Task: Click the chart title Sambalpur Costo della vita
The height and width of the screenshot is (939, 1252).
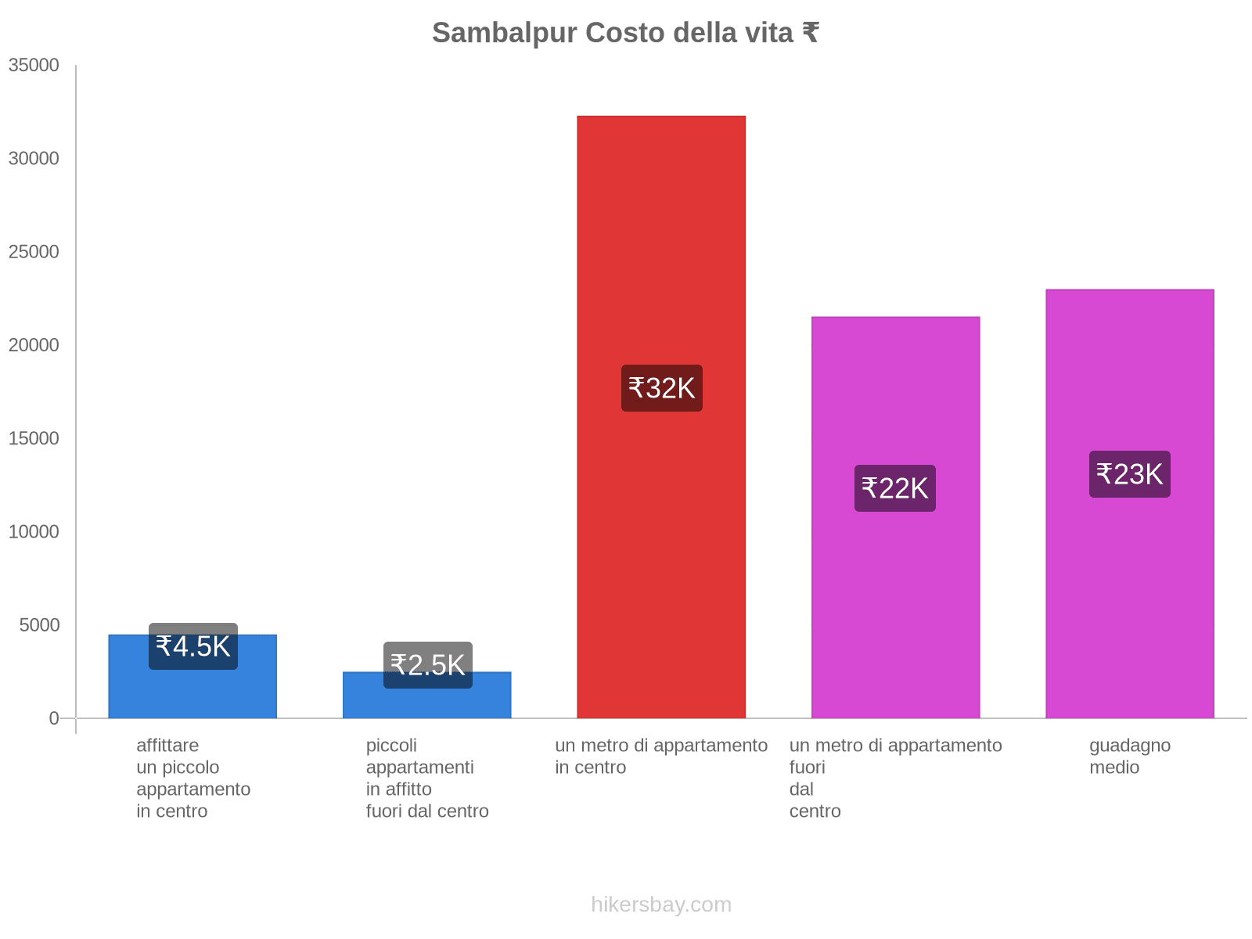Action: pyautogui.click(x=625, y=33)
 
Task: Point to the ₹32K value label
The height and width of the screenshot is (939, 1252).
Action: pyautogui.click(x=661, y=388)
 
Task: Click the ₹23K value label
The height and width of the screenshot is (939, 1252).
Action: pyautogui.click(x=1129, y=474)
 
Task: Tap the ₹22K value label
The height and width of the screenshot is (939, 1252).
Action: pyautogui.click(x=894, y=488)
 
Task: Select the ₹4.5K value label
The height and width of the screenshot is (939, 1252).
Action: pyautogui.click(x=192, y=646)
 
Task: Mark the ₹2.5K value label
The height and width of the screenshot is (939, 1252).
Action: pyautogui.click(x=427, y=665)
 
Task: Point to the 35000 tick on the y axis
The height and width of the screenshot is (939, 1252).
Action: pyautogui.click(x=34, y=65)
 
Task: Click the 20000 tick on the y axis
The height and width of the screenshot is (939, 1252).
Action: pyautogui.click(x=34, y=345)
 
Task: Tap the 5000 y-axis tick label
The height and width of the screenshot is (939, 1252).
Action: pyautogui.click(x=38, y=624)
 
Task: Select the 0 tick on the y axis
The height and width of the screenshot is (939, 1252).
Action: pyautogui.click(x=54, y=718)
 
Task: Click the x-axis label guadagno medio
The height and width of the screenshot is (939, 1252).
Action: pyautogui.click(x=1129, y=756)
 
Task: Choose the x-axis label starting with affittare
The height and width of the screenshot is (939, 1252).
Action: pyautogui.click(x=192, y=778)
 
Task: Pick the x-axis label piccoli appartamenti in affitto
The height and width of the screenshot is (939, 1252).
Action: pyautogui.click(x=427, y=778)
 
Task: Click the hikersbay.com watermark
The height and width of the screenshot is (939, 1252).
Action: pyautogui.click(x=661, y=905)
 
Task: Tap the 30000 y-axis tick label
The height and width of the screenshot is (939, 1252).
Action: pyautogui.click(x=34, y=158)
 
